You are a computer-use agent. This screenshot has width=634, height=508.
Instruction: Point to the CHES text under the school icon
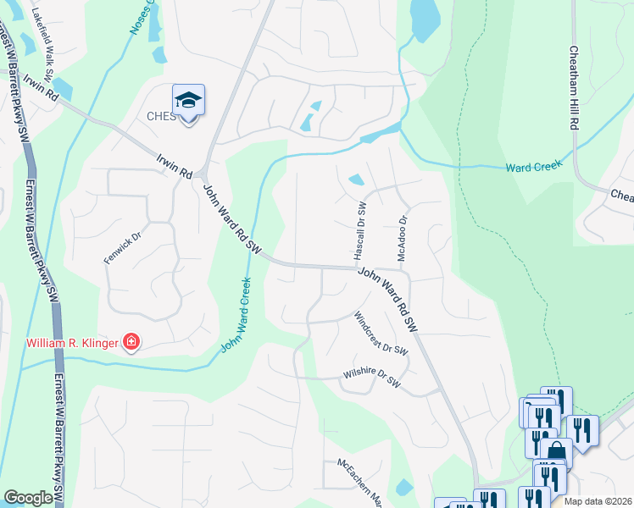(x=162, y=116)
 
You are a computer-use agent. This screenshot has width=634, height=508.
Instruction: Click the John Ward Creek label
(x=236, y=316)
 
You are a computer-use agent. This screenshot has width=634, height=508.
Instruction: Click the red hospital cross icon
(x=131, y=343)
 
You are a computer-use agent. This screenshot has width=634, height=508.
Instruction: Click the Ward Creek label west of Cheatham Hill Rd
(x=534, y=167)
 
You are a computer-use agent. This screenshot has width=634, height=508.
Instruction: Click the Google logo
(x=28, y=498)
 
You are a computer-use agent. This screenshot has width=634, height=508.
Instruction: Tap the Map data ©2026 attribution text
(x=598, y=501)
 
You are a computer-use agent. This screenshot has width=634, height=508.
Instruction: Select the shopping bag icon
(x=556, y=451)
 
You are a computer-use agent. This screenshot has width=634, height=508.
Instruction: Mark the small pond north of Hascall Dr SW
(x=356, y=179)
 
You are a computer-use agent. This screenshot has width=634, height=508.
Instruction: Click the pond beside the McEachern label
(x=404, y=488)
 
